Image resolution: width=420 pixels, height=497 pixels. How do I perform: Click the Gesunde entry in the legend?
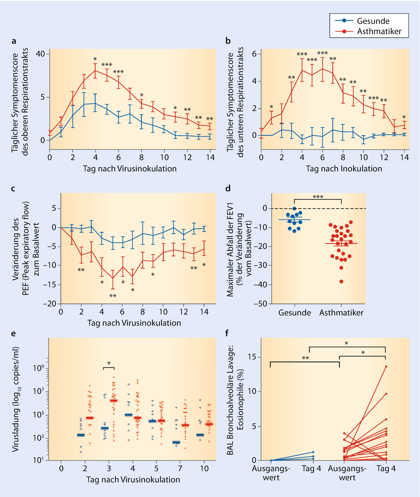(373, 21)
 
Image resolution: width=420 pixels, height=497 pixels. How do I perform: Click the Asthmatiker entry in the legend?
(379, 31)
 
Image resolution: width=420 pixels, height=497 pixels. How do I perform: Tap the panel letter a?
(14, 41)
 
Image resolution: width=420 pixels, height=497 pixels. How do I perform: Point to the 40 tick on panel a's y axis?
(41, 54)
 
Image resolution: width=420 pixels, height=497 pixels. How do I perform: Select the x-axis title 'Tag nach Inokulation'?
(344, 169)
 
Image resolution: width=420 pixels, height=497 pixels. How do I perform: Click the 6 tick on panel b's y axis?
(254, 54)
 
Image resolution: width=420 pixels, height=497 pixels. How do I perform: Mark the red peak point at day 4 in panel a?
(95, 71)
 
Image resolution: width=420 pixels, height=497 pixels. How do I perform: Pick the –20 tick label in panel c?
(50, 304)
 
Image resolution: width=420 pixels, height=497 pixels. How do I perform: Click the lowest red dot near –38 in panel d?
(341, 282)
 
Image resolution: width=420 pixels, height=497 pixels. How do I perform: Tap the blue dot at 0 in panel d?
(294, 209)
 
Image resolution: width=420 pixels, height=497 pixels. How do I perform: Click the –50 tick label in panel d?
(260, 304)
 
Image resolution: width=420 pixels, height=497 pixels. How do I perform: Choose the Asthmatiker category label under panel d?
(341, 313)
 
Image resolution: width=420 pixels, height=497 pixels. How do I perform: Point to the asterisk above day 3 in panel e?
(109, 364)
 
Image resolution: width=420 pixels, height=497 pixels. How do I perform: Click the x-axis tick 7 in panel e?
(180, 469)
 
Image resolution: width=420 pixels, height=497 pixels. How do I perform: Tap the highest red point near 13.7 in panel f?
(386, 366)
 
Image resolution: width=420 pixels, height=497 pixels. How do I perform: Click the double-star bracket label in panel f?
(305, 358)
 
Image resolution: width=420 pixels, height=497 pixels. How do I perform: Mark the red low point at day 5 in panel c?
(113, 278)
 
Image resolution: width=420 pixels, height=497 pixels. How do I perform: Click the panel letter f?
(227, 334)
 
